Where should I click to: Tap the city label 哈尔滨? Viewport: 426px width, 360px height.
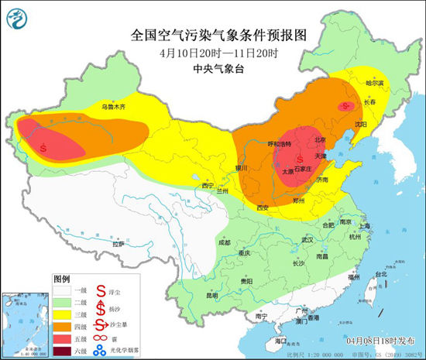[374, 81]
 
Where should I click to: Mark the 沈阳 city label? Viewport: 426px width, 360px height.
[358, 123]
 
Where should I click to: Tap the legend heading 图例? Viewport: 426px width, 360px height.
[62, 278]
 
